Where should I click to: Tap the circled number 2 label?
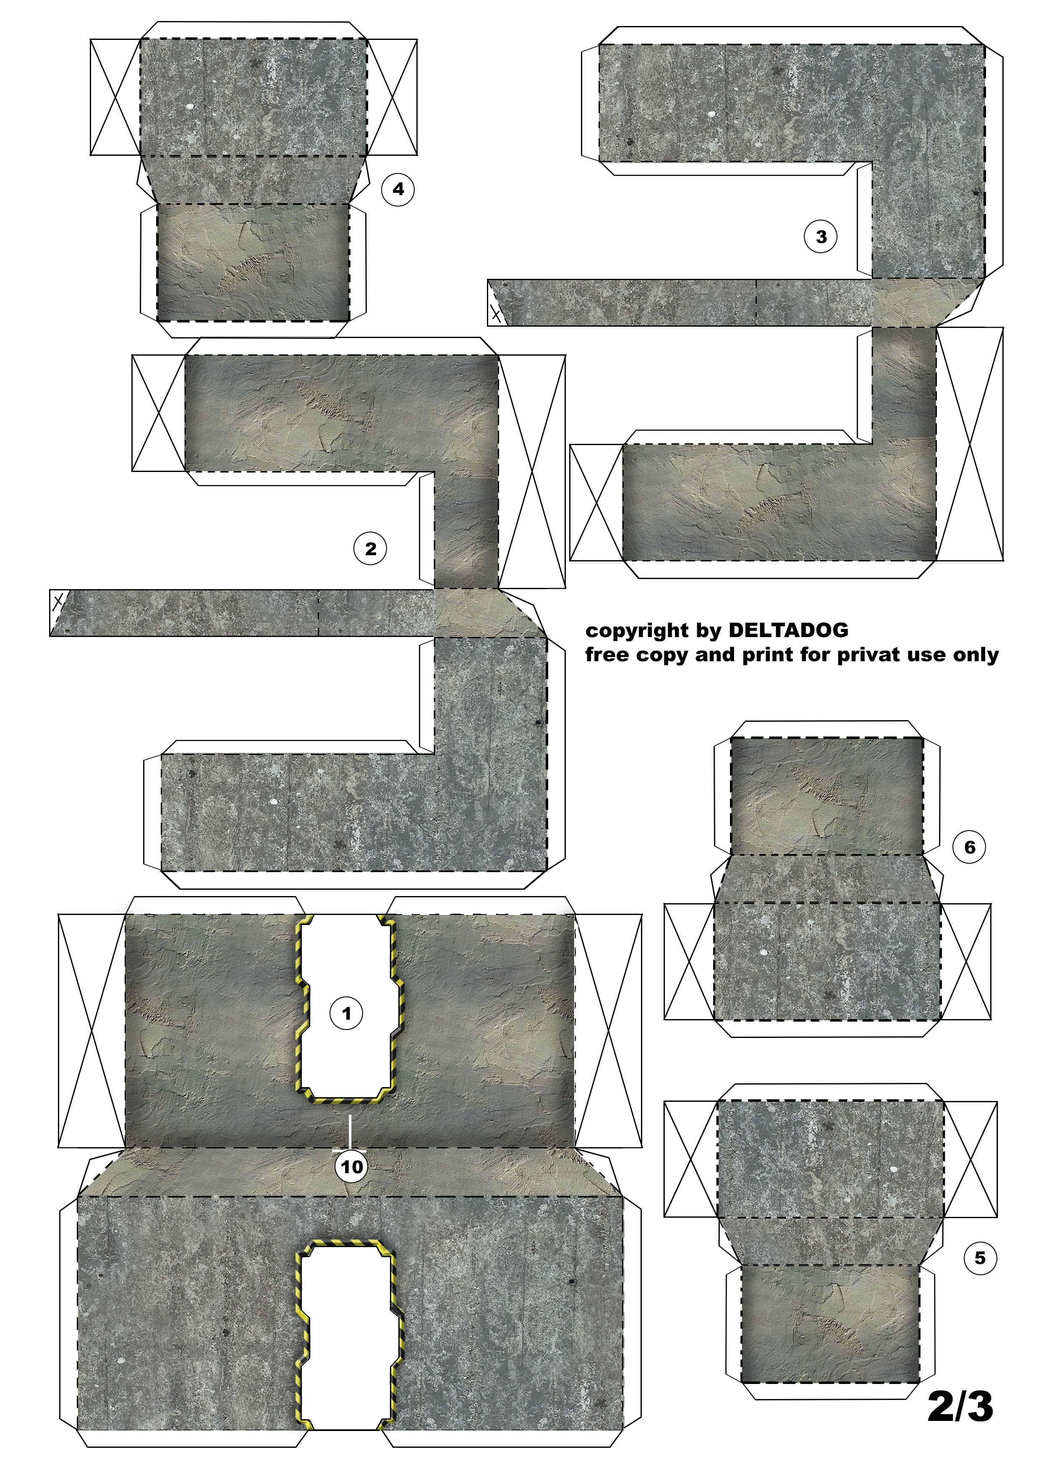pos(371,549)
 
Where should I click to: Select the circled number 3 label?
pos(821,237)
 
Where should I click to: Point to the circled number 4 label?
pos(398,189)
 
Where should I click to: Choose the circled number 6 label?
pos(970,847)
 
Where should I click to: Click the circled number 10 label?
pos(351,1166)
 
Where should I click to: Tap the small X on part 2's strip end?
pos(58,602)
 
